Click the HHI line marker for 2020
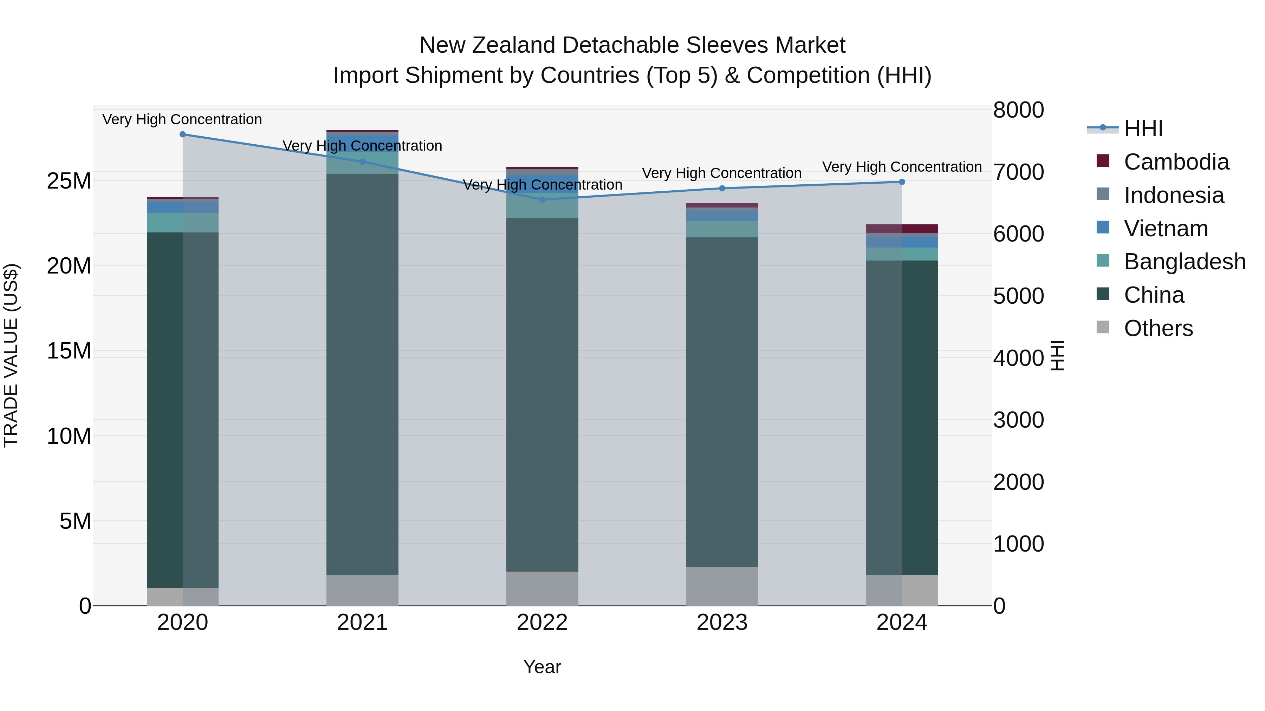click(183, 134)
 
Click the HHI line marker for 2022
click(542, 200)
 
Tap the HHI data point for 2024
click(902, 182)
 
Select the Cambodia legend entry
click(1176, 162)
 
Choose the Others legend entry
click(1158, 328)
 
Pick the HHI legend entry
click(1143, 129)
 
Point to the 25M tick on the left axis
click(69, 181)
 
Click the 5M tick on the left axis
click(75, 521)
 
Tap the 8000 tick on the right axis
click(1018, 110)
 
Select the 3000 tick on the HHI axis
click(1018, 420)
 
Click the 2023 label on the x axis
click(722, 623)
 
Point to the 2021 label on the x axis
click(362, 623)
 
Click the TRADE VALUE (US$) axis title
click(11, 355)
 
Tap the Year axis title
click(542, 667)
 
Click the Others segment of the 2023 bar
click(722, 586)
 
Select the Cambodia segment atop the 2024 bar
click(902, 229)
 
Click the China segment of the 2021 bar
click(362, 373)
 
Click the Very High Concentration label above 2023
click(721, 173)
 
